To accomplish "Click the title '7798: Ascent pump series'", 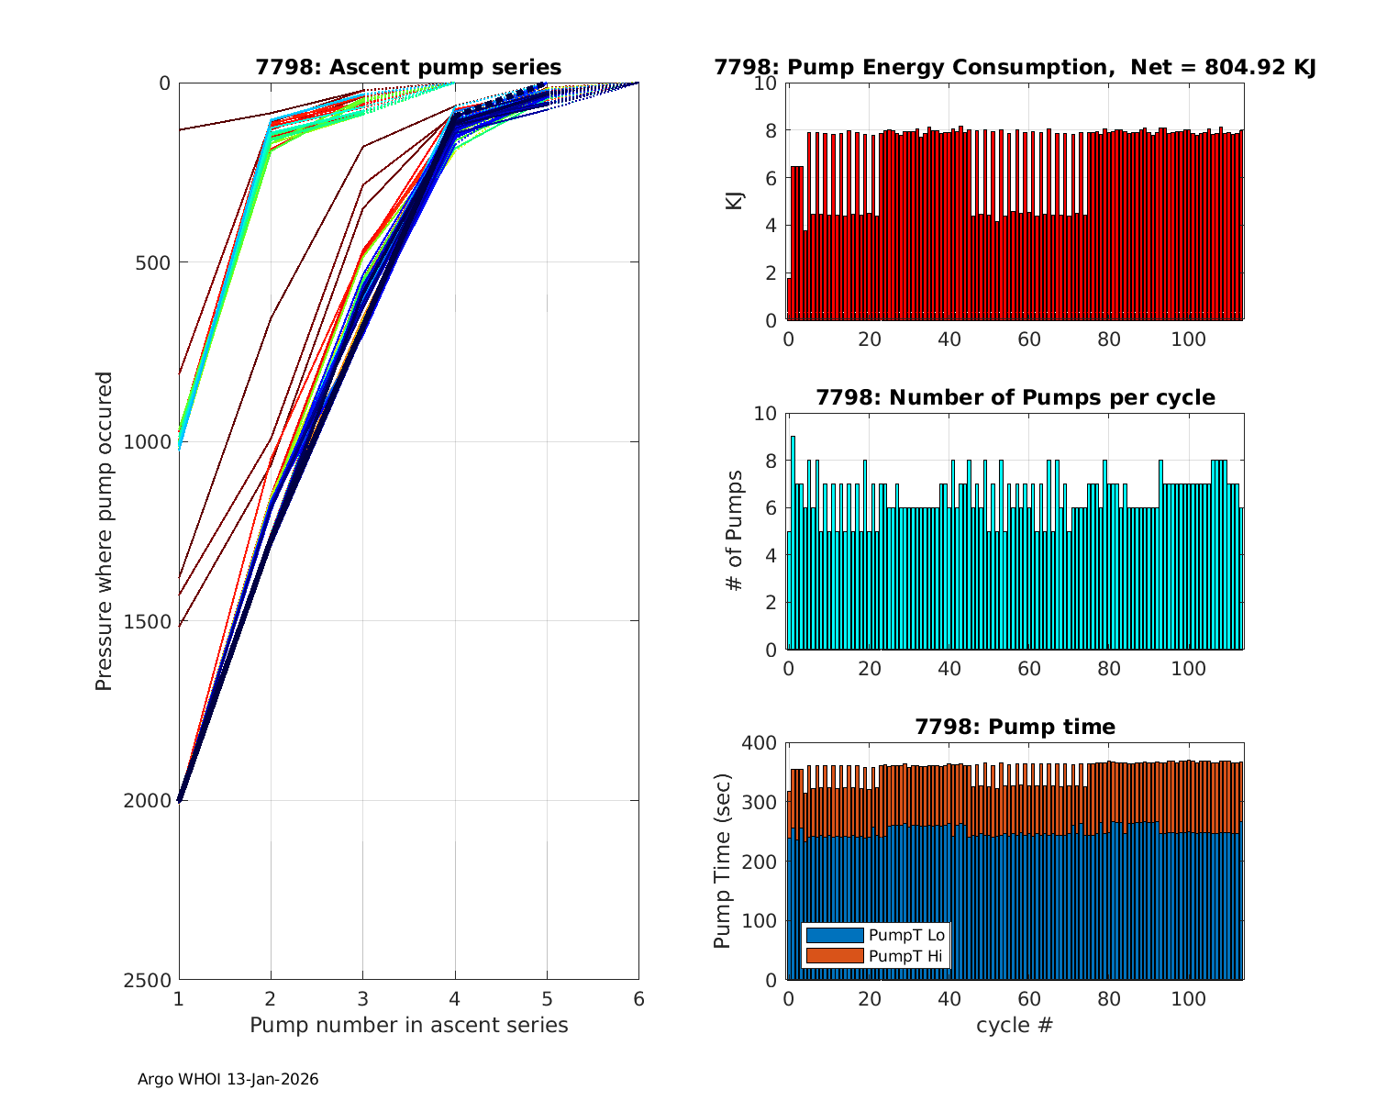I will [408, 67].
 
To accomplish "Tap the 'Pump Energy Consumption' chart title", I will [1015, 67].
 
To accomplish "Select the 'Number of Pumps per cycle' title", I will [1015, 397].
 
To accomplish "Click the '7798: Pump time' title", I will [1015, 727].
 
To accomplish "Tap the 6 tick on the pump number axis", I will [638, 998].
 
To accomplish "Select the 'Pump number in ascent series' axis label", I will [408, 1025].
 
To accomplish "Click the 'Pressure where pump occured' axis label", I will [105, 531].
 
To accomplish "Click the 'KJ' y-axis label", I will [734, 201].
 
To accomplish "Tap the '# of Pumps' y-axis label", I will [734, 530].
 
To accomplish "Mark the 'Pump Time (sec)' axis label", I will [722, 862].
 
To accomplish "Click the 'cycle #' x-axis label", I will [1015, 1025].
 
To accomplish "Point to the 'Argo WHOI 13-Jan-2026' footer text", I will [227, 1079].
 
